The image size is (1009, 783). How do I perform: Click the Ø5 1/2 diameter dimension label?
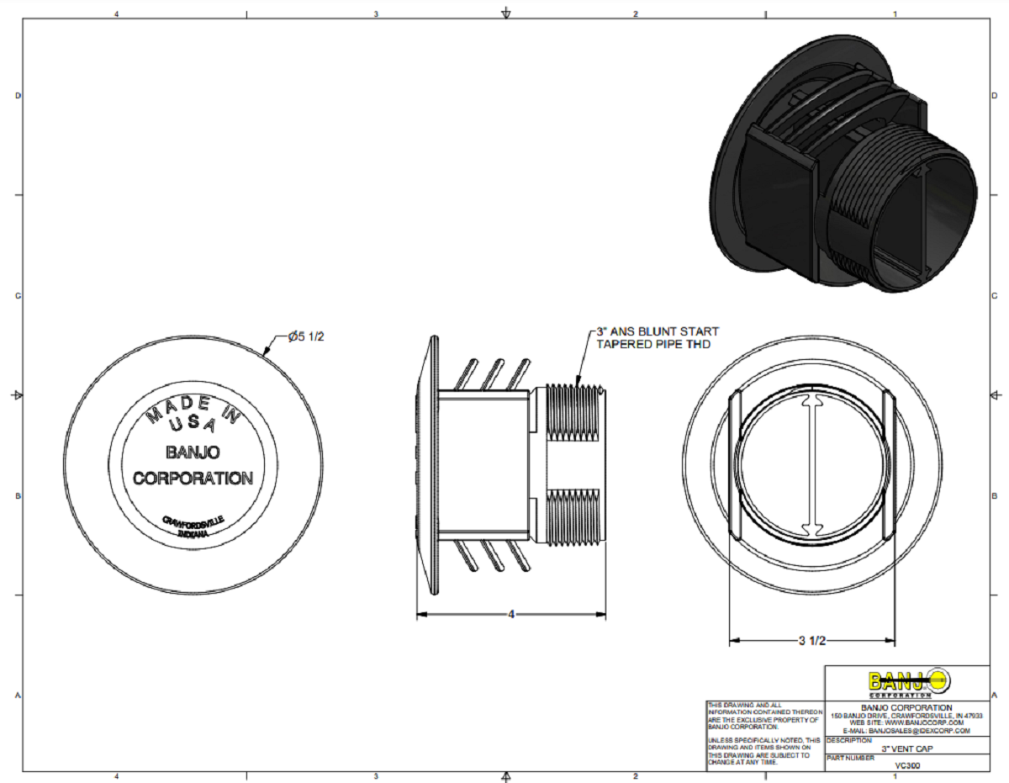point(305,336)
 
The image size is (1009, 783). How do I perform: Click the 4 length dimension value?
point(510,615)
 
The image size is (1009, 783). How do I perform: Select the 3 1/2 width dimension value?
point(811,641)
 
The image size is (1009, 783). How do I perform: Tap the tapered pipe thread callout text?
point(658,337)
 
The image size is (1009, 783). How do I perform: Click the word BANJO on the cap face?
point(193,452)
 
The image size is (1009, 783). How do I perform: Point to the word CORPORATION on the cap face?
point(193,479)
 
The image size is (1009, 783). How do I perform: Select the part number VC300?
point(906,766)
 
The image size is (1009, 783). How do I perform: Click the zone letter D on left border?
point(18,95)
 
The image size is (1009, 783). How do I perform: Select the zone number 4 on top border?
point(116,13)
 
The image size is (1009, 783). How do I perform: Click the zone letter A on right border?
point(995,696)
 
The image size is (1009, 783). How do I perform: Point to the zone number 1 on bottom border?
point(895,775)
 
